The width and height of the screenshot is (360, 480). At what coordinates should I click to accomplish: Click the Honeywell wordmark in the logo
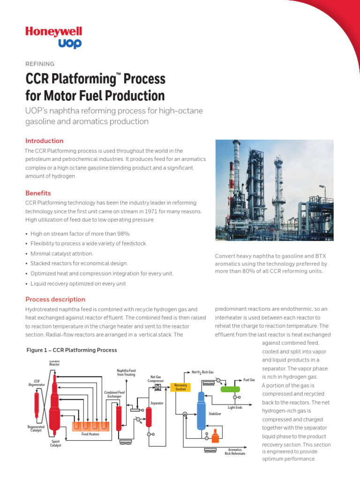point(53,31)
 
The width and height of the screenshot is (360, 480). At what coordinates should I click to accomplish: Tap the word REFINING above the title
point(40,64)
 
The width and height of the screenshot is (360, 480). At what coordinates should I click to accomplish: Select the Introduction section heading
point(44,141)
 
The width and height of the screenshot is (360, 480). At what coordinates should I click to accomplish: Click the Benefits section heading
point(38,193)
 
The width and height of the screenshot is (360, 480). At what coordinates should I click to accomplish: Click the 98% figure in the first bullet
point(121,233)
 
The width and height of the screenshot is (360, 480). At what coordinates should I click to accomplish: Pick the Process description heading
point(55,299)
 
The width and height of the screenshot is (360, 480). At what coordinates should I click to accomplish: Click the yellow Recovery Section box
point(180,387)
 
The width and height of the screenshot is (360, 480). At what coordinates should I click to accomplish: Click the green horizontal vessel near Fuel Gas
point(230,389)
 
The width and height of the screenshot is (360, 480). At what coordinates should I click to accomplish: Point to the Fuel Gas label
point(249,380)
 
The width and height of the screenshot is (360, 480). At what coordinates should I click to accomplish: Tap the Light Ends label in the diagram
point(235,408)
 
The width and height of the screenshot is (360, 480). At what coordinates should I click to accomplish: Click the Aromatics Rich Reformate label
point(235,451)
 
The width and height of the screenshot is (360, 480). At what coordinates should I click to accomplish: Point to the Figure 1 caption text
point(71,350)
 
